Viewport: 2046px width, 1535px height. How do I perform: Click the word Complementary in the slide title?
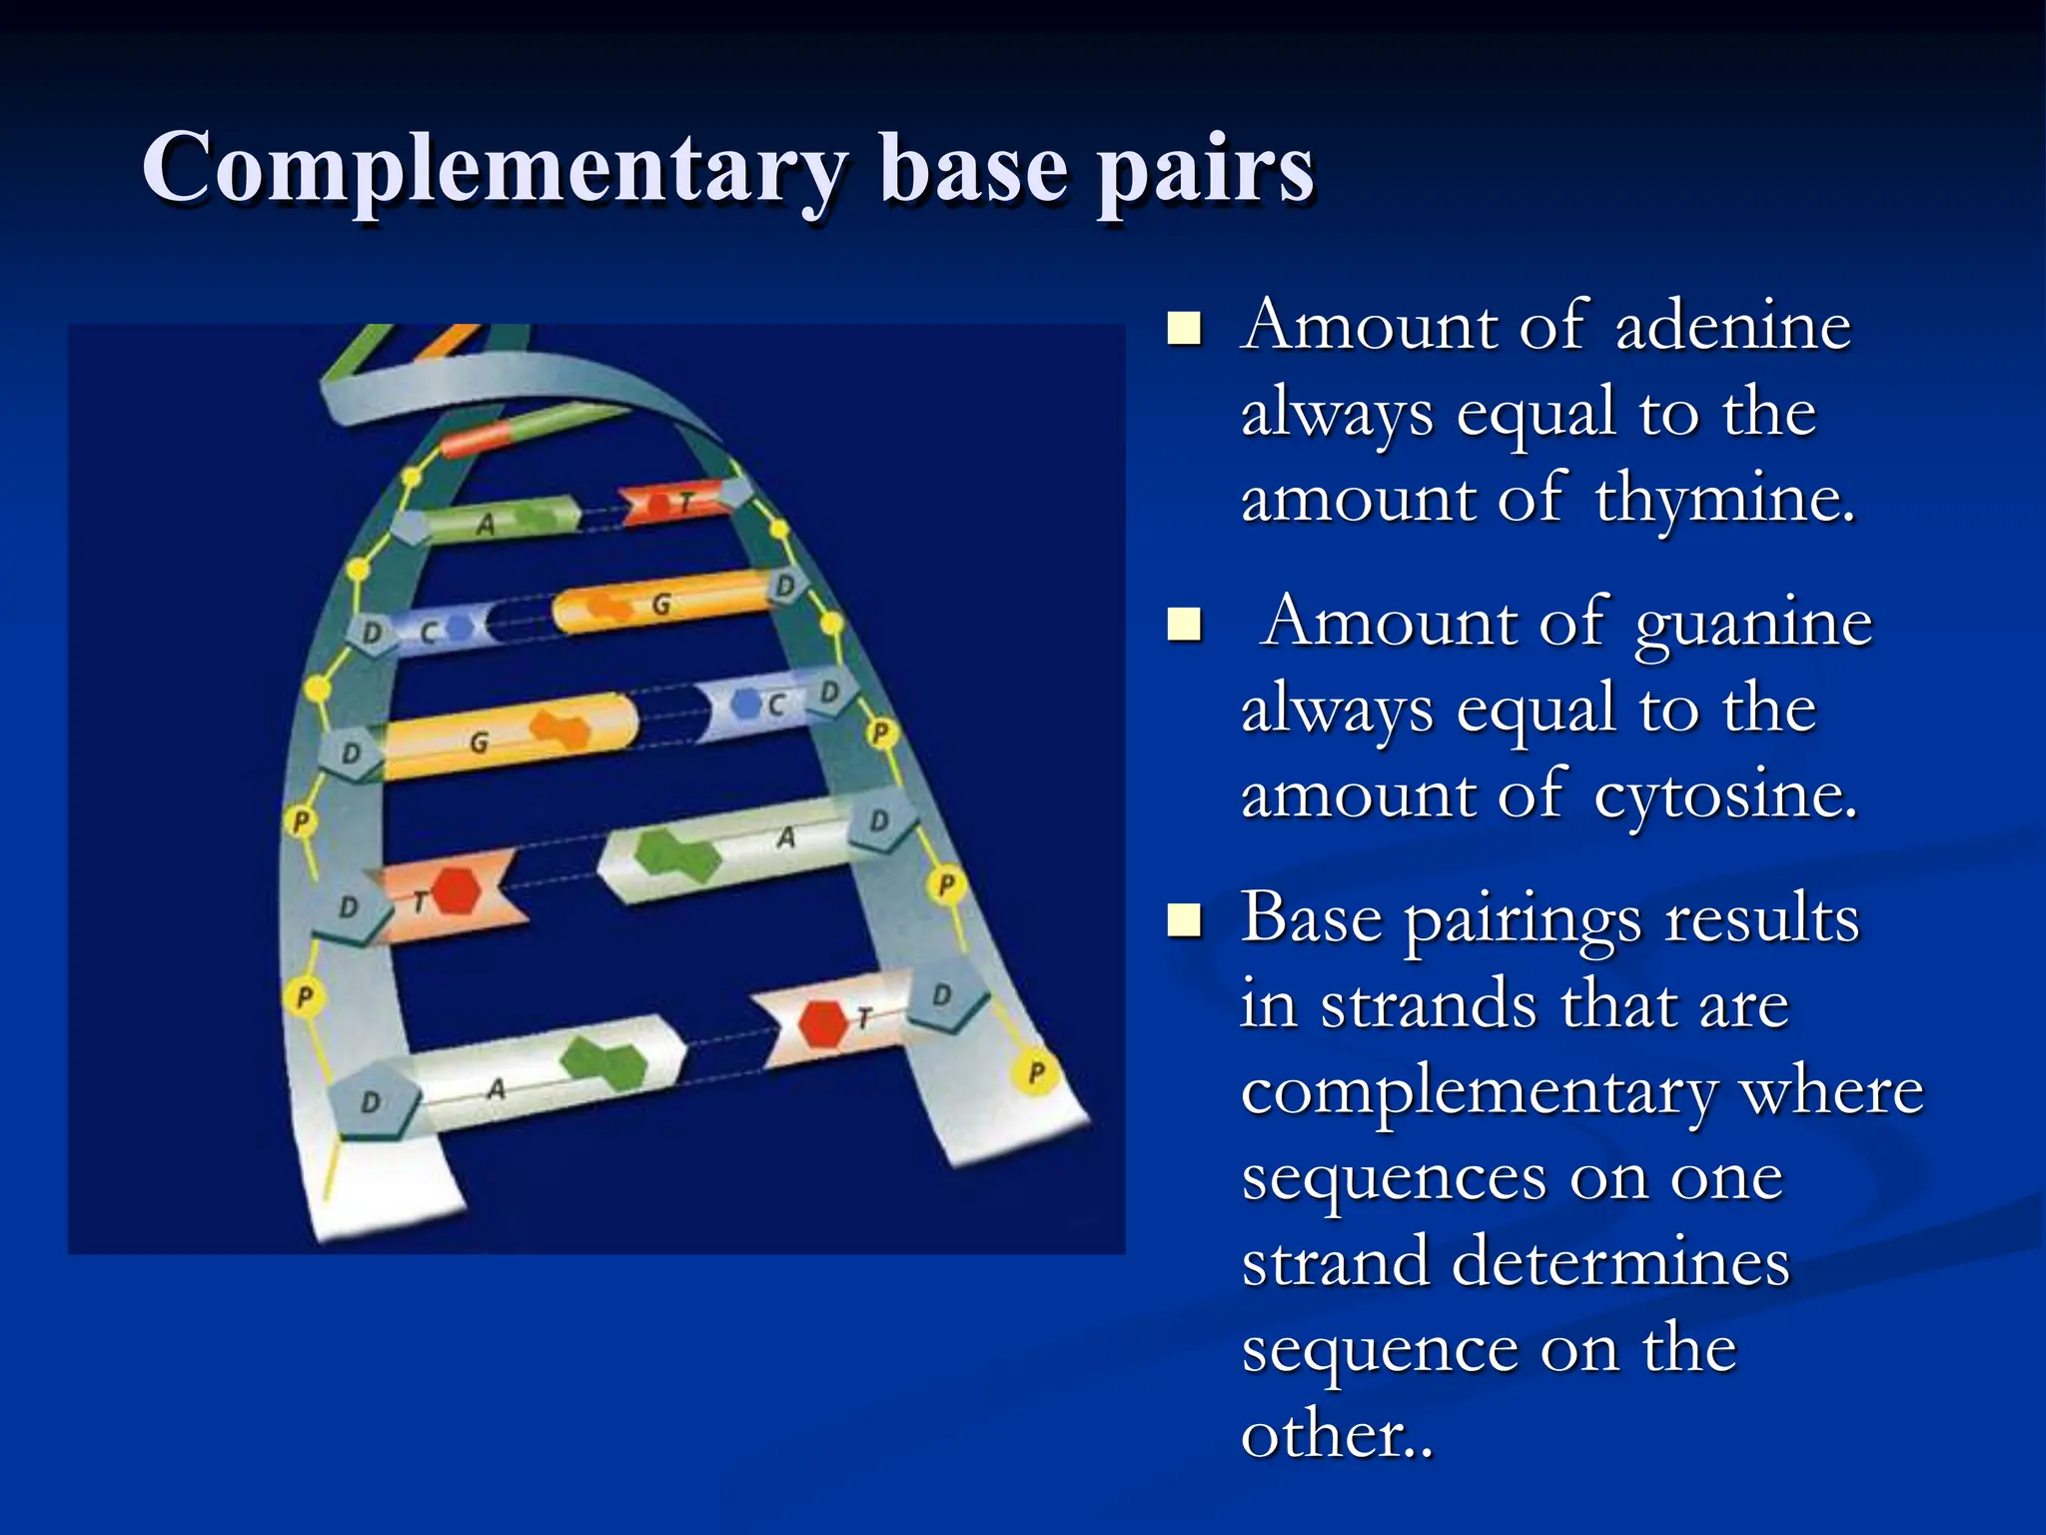[495, 170]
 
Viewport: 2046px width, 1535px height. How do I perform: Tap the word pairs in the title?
[1206, 170]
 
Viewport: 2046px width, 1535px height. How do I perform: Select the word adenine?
[1733, 327]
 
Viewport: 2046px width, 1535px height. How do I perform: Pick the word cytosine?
[1725, 796]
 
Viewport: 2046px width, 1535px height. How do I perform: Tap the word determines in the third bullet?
[1619, 1262]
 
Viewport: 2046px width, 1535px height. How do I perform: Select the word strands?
[1430, 1005]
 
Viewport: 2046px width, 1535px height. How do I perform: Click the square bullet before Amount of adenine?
[1185, 328]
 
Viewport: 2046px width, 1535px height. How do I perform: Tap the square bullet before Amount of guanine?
[1185, 625]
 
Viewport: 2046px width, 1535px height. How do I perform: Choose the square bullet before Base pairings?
[1185, 920]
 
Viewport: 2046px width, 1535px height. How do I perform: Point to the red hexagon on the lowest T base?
[823, 1023]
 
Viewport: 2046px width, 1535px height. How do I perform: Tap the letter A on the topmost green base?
[486, 523]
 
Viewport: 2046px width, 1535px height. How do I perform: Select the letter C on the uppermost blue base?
[429, 632]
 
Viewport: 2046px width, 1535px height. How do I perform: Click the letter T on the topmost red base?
[686, 503]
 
